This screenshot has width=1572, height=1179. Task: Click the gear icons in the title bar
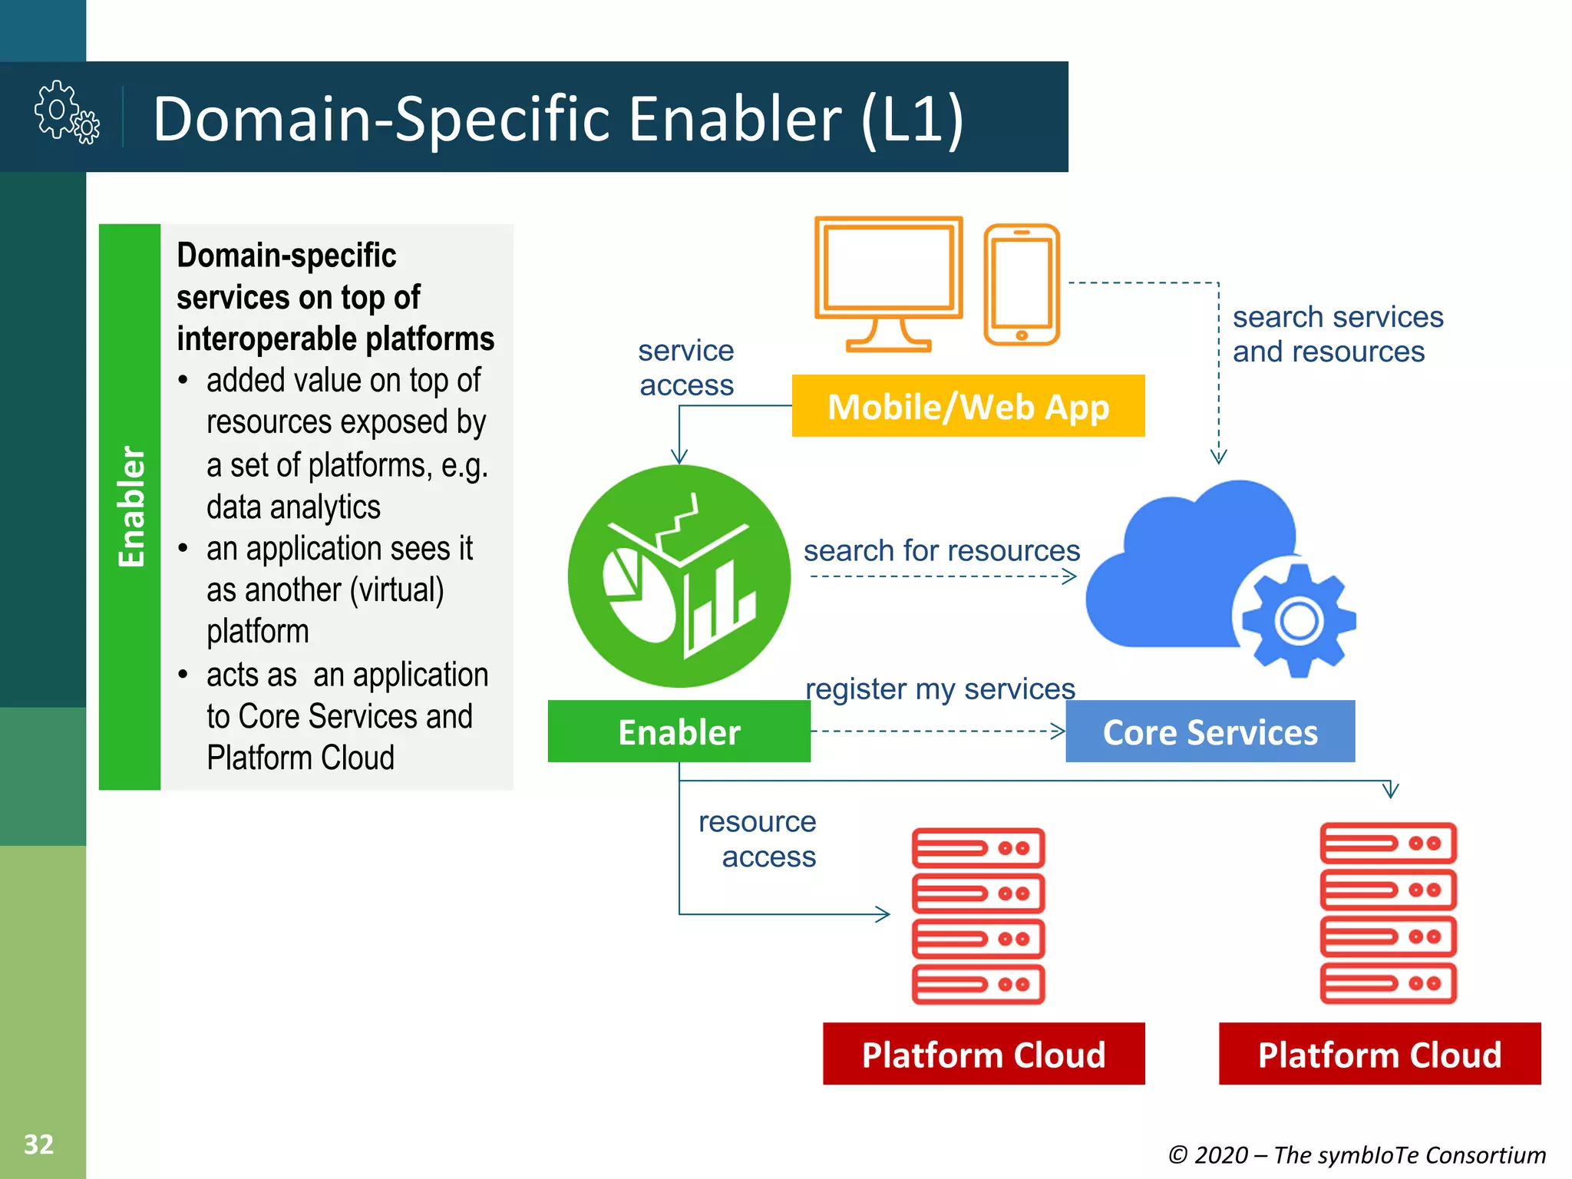pos(67,113)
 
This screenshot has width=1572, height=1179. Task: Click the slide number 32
pos(38,1144)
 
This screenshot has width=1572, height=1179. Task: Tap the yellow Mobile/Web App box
pos(968,406)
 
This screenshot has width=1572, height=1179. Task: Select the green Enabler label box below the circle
pos(679,732)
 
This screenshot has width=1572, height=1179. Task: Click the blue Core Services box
pos(1210,732)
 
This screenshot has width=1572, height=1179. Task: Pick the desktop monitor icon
pos(889,282)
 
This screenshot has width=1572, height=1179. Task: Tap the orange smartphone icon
pos(1022,284)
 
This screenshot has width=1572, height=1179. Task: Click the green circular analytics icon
pos(679,576)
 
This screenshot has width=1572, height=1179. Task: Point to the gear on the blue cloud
pos(1299,620)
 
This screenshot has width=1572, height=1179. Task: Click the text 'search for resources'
pos(942,550)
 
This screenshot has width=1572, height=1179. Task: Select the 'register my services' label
pos(940,689)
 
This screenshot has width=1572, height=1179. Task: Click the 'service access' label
pos(686,368)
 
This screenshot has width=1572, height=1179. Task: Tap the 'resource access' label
pos(758,839)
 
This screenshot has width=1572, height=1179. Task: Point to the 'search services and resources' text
pos(1337,334)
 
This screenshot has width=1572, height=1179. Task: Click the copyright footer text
pos(1356,1154)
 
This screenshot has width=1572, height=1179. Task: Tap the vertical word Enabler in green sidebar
pos(130,507)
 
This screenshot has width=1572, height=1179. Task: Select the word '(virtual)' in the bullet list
pos(397,590)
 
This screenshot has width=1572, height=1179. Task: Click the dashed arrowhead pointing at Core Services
pos(1059,732)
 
